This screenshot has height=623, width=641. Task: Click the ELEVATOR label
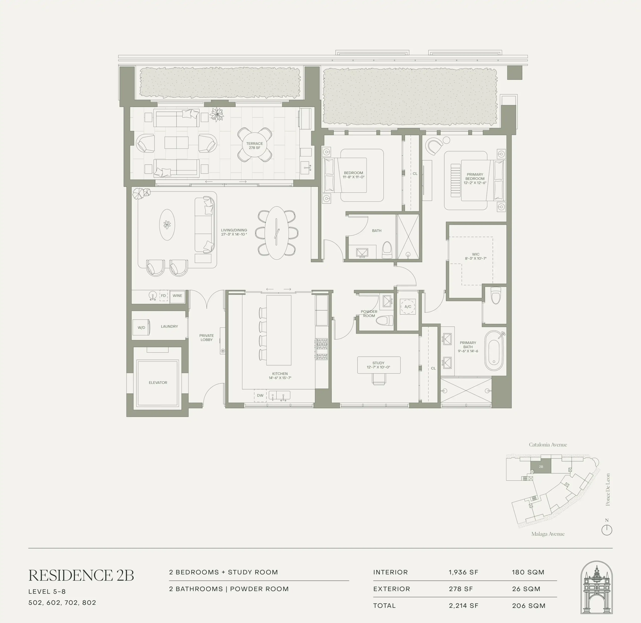(x=158, y=383)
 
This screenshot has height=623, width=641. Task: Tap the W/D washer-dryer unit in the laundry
(x=141, y=328)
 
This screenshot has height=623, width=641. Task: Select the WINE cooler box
(x=177, y=296)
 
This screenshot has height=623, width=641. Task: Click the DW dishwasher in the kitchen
(x=260, y=395)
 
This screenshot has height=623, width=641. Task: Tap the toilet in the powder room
(x=384, y=320)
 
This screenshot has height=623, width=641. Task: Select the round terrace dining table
(x=255, y=145)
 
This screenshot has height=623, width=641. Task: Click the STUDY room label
(x=378, y=363)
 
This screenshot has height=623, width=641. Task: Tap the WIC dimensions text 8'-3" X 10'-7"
(x=476, y=258)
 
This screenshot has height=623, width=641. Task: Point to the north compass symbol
(x=607, y=530)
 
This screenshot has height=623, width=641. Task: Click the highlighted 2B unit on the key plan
(x=541, y=466)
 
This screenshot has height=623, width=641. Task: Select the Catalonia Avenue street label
(x=548, y=445)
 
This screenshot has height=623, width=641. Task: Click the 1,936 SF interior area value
(x=463, y=572)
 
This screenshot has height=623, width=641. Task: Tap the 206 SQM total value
(x=529, y=606)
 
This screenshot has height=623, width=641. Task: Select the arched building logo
(x=596, y=588)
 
